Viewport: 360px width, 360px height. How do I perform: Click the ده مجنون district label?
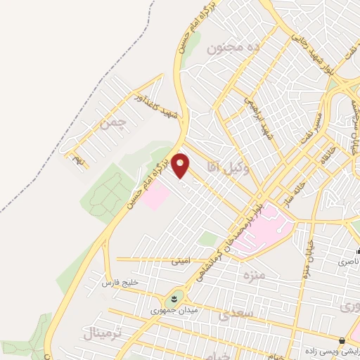click(226, 49)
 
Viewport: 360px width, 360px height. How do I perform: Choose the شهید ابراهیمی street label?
click(258, 117)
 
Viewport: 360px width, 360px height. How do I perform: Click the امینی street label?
click(180, 260)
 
